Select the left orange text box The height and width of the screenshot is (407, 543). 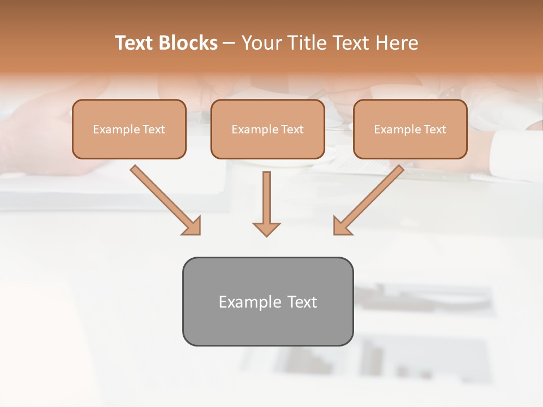(129, 146)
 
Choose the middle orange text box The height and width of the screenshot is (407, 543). (268, 146)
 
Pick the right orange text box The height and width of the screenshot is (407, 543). (410, 146)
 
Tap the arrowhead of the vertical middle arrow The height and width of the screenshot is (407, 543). (266, 229)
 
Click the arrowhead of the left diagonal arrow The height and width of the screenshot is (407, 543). (192, 226)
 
